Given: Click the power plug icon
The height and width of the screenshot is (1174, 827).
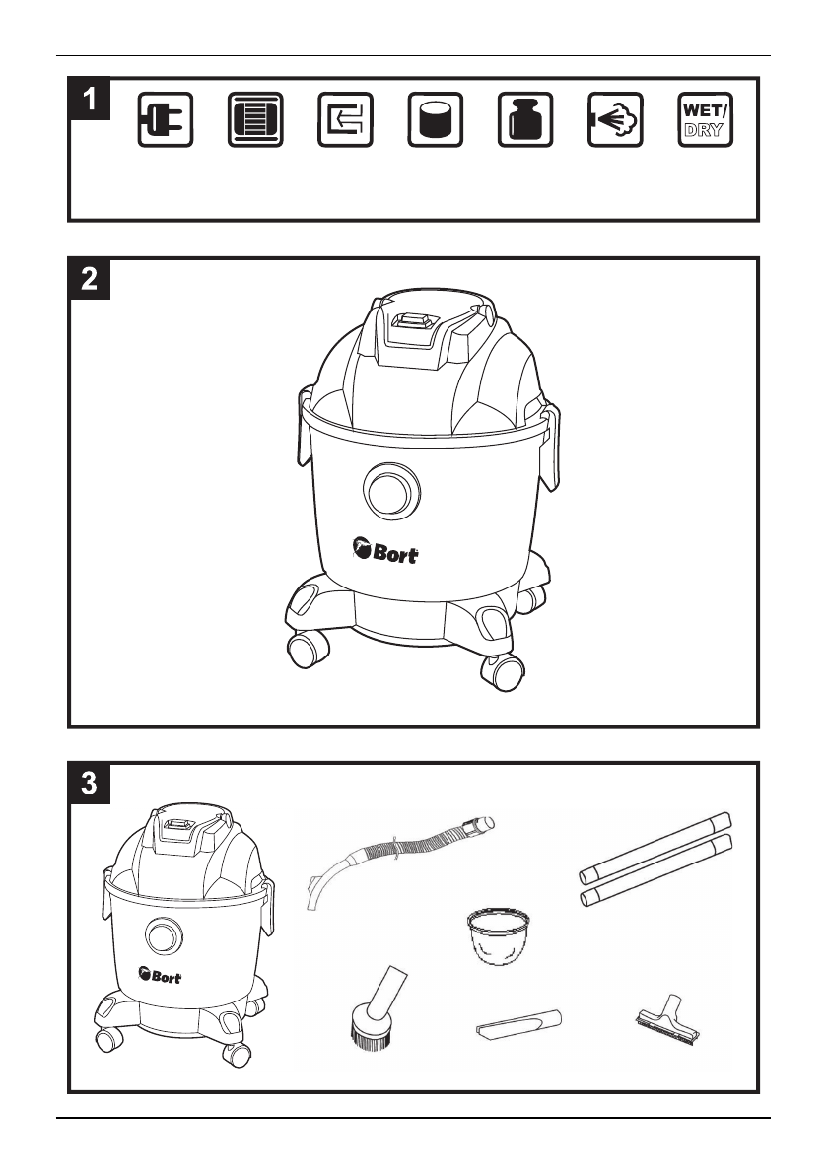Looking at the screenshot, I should (165, 120).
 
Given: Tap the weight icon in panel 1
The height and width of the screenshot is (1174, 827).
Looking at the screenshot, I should (526, 120).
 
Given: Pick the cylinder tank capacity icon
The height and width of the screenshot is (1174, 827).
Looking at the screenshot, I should (436, 120).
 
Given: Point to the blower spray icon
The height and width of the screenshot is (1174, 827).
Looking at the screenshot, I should (616, 120).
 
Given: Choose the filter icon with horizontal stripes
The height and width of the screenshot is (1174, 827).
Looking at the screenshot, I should (255, 120).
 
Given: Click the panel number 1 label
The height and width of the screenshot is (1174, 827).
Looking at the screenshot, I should (90, 99).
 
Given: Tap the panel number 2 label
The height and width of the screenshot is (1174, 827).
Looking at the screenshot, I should (90, 279).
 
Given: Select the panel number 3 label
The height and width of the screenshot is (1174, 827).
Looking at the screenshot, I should (90, 784).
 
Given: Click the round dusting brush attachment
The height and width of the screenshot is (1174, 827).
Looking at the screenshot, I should (373, 1015).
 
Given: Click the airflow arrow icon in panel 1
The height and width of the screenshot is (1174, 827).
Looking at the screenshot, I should (345, 120).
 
